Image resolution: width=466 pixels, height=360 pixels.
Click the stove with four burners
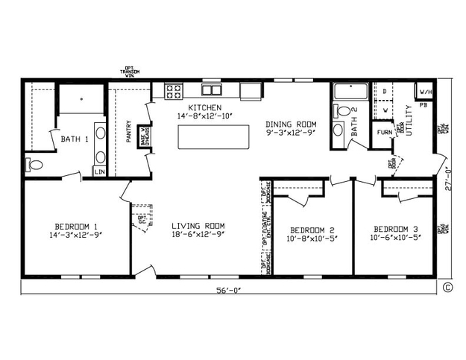pos(174,92)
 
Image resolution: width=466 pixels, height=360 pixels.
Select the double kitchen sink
pos(212,90)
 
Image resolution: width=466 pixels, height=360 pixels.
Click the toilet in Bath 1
pos(35,164)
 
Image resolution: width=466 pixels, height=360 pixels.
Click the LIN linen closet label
pos(99,171)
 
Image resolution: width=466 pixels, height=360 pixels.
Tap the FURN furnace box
pos(384,133)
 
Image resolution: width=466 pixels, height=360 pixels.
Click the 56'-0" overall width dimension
pos(229,290)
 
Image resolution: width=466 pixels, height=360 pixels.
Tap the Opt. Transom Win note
pos(130,71)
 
